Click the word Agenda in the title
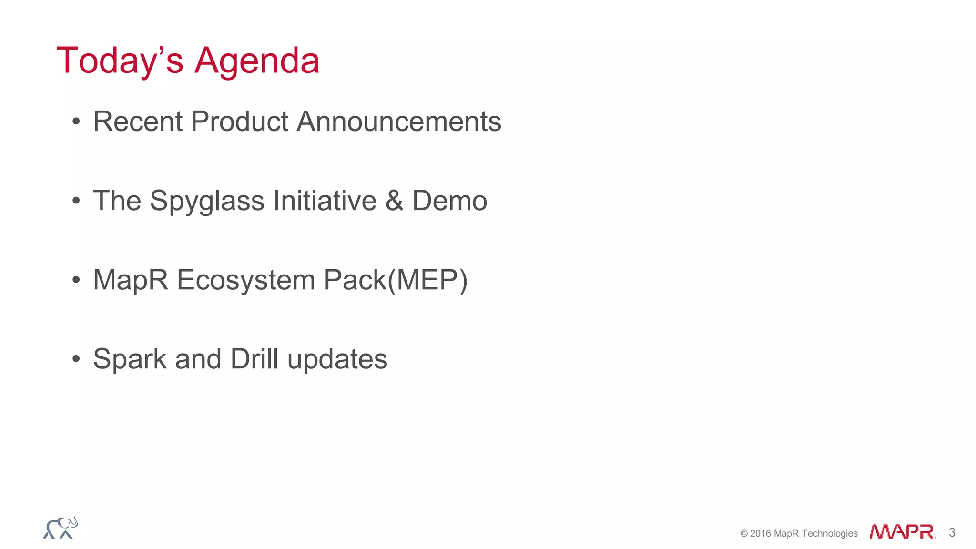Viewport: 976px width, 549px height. pos(257,61)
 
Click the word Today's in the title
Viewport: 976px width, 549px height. pos(120,61)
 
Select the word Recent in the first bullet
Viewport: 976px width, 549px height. pos(138,122)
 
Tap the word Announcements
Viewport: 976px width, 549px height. pos(399,122)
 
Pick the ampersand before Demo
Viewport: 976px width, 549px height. pos(394,201)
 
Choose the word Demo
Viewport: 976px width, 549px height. pos(449,201)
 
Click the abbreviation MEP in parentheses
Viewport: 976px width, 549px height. pos(427,280)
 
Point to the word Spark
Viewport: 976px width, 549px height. pos(130,359)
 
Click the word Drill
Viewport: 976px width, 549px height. pos(254,359)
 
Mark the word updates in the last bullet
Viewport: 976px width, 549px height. pos(337,359)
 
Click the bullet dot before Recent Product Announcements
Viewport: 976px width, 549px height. pos(76,122)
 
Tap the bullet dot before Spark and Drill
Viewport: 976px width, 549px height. pos(76,359)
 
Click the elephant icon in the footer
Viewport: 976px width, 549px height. pos(61,528)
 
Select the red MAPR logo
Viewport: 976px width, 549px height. pos(902,531)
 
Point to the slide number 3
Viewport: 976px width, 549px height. pos(952,532)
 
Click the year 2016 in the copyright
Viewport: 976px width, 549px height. pos(761,533)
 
